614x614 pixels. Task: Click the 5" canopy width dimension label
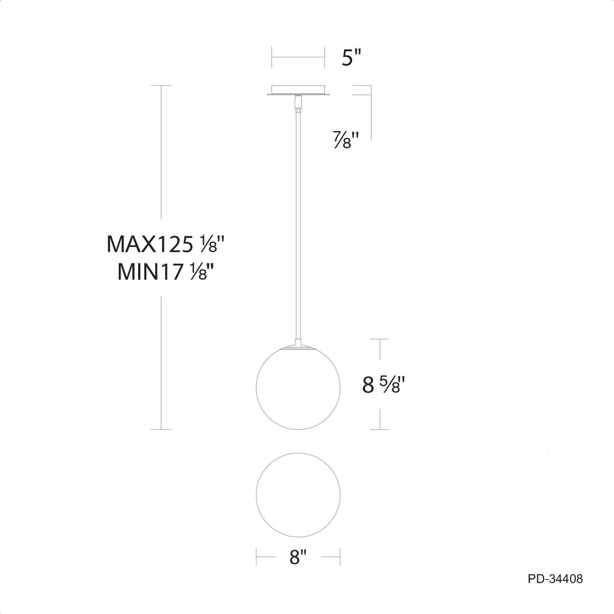point(352,57)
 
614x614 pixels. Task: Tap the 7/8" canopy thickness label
point(347,140)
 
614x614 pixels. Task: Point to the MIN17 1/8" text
point(165,272)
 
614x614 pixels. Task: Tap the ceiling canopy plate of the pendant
point(298,90)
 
